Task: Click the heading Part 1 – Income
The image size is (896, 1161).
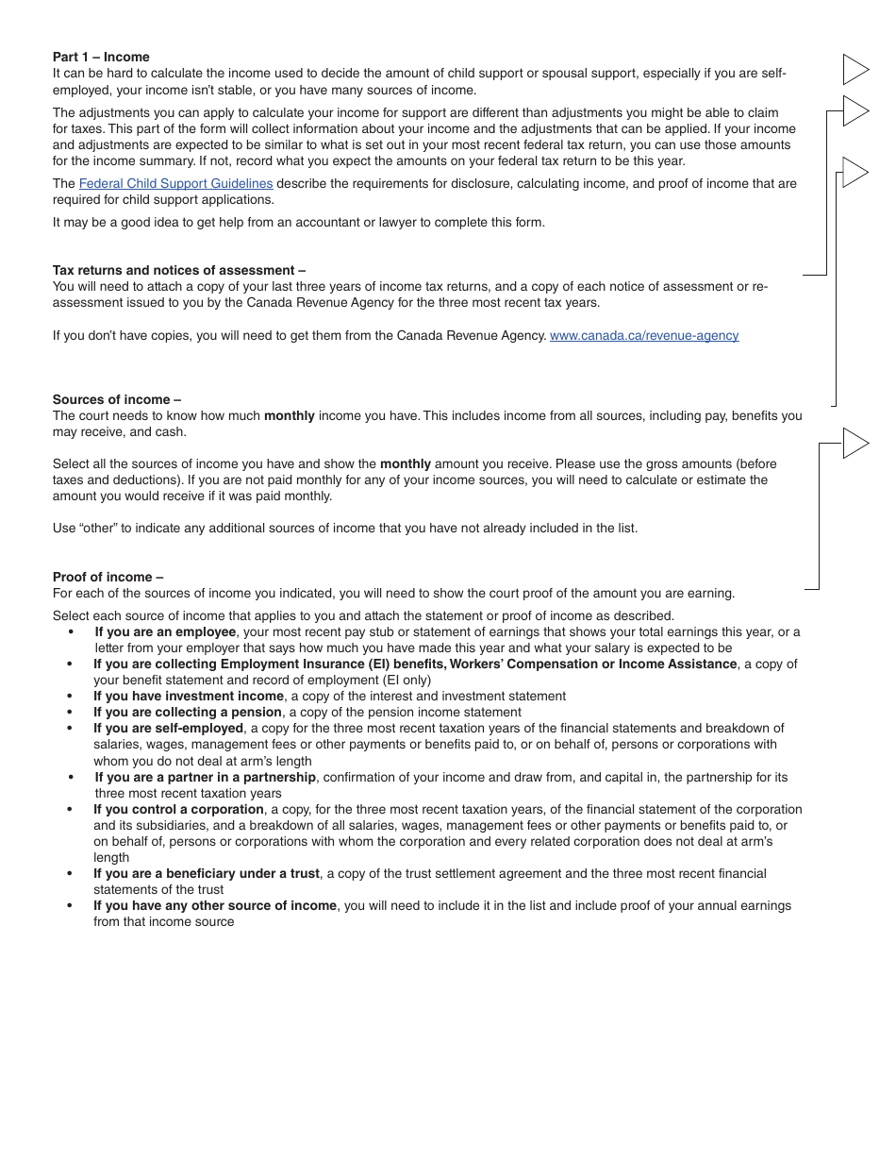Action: point(101,58)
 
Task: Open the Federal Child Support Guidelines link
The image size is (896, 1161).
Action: point(175,184)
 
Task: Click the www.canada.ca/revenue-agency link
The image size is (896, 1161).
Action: point(644,336)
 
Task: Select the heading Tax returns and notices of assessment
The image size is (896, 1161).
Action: point(178,270)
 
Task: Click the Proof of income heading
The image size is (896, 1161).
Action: point(108,577)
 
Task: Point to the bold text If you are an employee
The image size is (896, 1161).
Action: point(165,632)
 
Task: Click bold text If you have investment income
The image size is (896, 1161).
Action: point(188,697)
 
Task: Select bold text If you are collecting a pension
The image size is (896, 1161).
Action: point(187,713)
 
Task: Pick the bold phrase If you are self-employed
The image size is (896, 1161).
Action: point(168,729)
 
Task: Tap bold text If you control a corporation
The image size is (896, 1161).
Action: point(178,810)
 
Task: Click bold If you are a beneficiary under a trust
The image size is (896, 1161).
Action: point(206,874)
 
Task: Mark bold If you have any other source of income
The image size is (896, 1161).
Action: point(214,906)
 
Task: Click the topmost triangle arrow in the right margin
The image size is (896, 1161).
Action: point(855,70)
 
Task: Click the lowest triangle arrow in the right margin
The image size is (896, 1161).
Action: point(855,444)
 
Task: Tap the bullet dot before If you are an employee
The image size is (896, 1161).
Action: point(71,632)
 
